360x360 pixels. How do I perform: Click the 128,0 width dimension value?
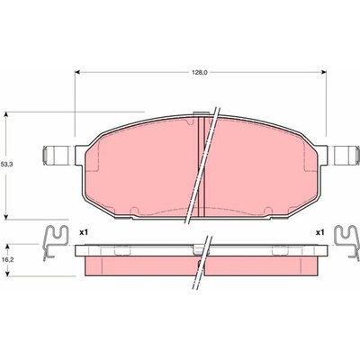coord(200,72)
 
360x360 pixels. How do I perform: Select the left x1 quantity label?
coord(84,232)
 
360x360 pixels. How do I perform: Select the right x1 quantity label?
coord(320,232)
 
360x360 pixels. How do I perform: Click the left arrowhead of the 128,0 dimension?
coord(77,72)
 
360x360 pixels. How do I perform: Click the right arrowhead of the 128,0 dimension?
coord(323,72)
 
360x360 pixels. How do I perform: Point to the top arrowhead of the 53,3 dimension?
coord(6,114)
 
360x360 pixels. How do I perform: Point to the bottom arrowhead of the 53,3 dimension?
coord(6,217)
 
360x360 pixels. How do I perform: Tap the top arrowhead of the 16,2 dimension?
coord(8,247)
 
